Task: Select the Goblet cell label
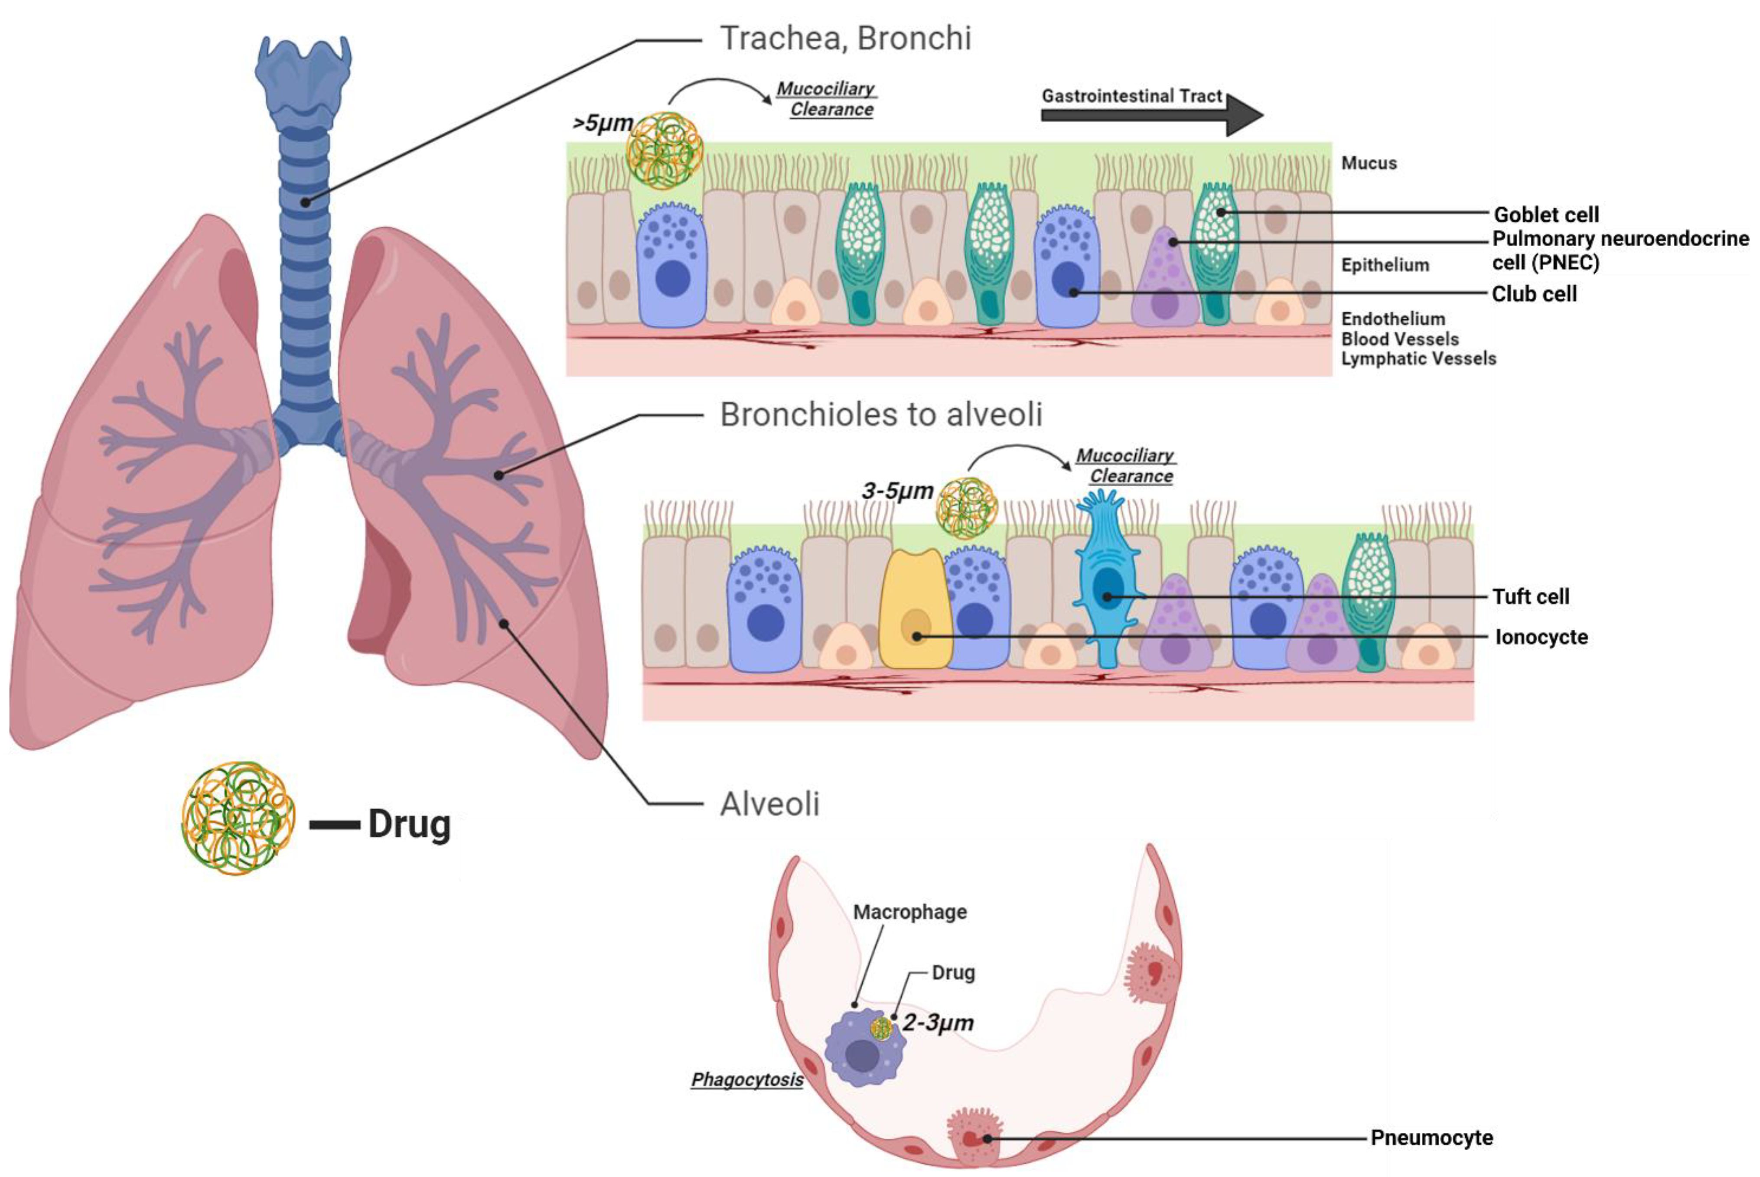click(1545, 215)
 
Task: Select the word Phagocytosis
click(746, 1079)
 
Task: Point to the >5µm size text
click(602, 123)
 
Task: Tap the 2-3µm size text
click(937, 1022)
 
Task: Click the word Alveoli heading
click(769, 804)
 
